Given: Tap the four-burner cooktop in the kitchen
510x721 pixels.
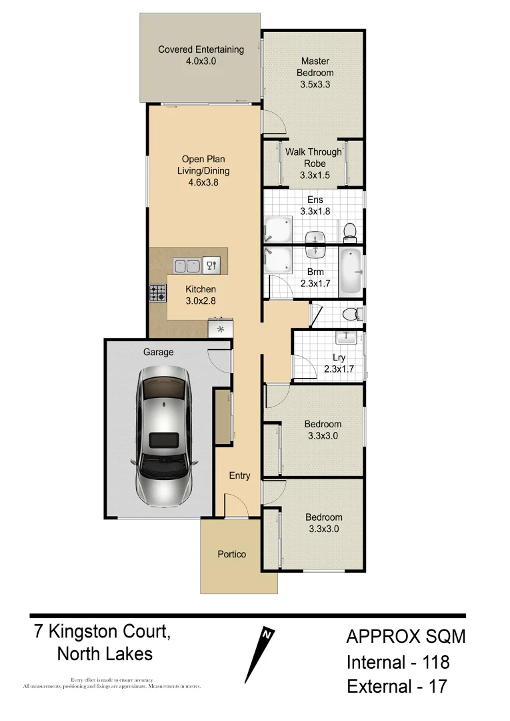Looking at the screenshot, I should (157, 293).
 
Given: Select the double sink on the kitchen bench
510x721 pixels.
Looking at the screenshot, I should (187, 266).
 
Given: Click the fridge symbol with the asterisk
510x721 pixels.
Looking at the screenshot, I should (220, 329).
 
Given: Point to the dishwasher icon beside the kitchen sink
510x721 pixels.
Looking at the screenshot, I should (211, 266).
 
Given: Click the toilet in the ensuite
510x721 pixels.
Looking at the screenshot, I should (349, 232).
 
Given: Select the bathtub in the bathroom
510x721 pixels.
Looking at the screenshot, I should (349, 272).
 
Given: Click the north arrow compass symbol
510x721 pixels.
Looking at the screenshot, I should (260, 654).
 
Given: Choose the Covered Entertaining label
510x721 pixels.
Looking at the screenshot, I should (201, 49).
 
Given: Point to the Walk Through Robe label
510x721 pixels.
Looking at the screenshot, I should (313, 158).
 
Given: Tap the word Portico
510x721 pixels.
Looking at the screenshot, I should (231, 554).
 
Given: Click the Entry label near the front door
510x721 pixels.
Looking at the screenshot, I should (239, 475).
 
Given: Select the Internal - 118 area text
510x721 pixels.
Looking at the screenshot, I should (397, 662).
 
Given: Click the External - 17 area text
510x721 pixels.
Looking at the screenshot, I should (397, 686).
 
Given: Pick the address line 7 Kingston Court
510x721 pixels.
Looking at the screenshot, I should (102, 632).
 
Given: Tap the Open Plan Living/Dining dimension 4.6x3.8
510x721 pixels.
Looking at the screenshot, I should (203, 182).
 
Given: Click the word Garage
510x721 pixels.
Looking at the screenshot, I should (158, 352).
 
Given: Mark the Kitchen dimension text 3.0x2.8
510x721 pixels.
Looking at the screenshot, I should (201, 300).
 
